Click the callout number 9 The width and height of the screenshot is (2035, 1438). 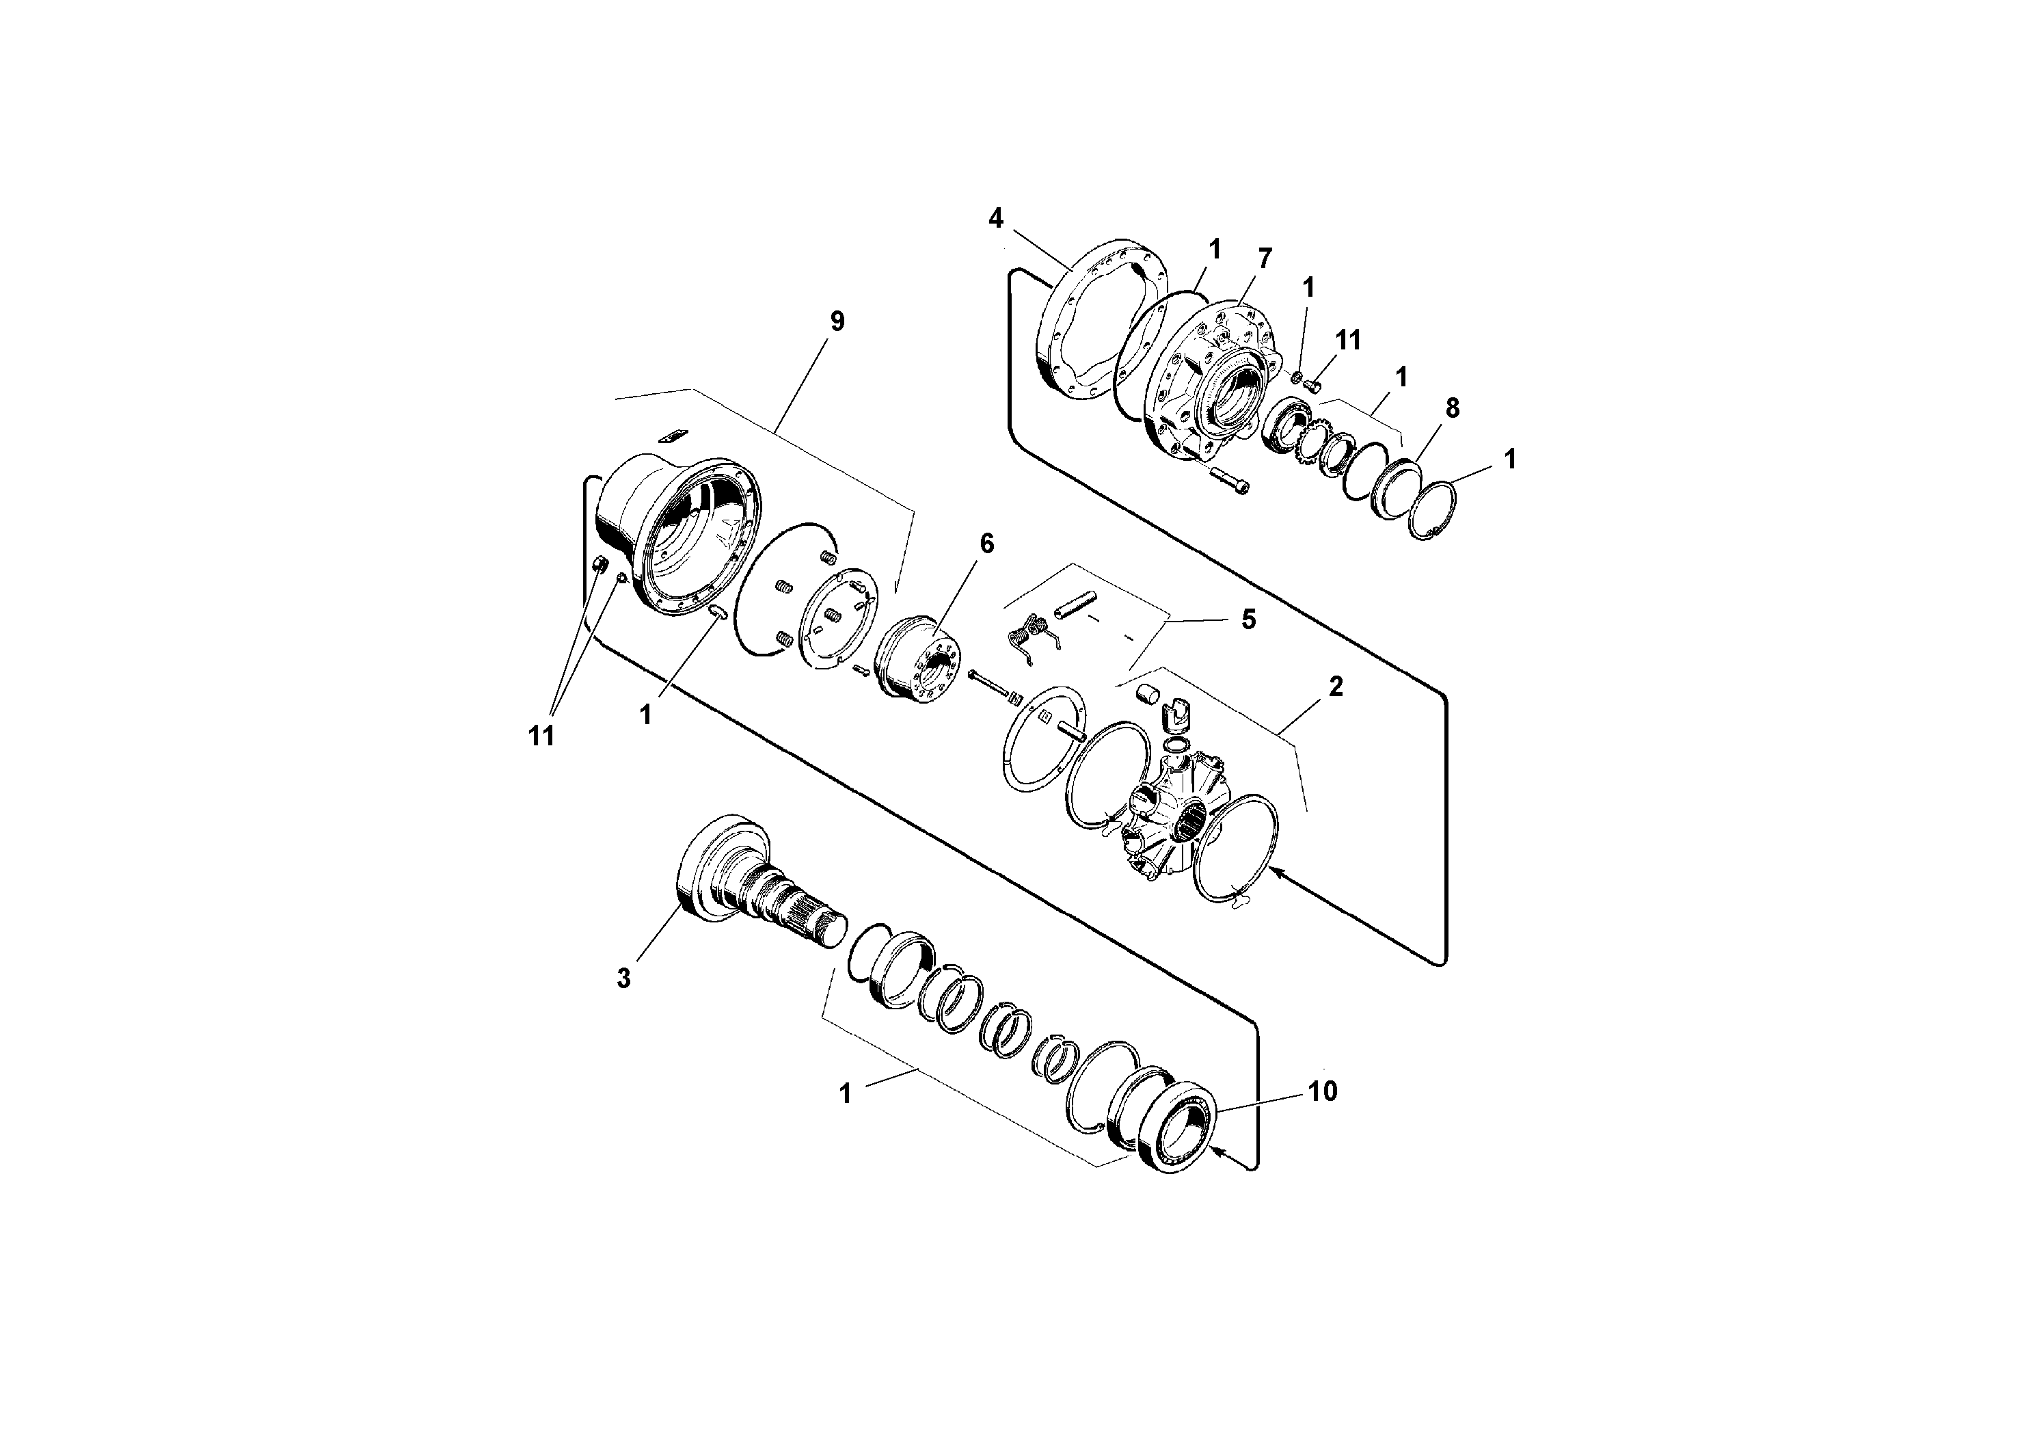pos(837,321)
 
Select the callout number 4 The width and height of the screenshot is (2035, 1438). pos(995,218)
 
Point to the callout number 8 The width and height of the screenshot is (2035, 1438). pos(1452,408)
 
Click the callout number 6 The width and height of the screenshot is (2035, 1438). pos(986,544)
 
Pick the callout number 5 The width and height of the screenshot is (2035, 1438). pos(1248,619)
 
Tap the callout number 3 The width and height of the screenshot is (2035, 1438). pos(624,978)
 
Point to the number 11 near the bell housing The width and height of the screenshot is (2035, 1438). pos(541,735)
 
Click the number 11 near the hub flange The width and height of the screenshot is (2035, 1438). pos(1348,341)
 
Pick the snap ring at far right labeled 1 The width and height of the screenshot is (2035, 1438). pos(1432,511)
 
